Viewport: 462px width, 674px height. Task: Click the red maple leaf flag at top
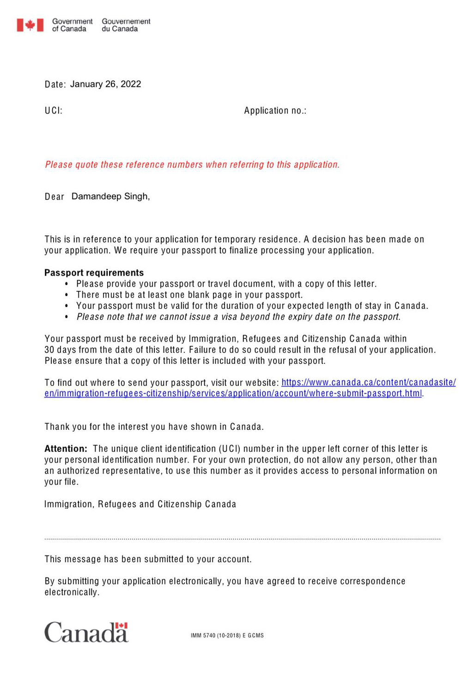(30, 25)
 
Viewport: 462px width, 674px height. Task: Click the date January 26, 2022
(105, 84)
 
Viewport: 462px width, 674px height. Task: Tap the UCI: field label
(54, 111)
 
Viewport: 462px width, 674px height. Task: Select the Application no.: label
(275, 111)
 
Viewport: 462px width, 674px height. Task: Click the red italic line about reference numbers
(192, 165)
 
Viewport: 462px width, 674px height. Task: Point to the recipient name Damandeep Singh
(110, 197)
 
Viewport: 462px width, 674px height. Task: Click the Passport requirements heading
(94, 273)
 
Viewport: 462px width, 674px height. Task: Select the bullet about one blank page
(189, 295)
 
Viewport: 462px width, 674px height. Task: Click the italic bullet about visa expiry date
(238, 317)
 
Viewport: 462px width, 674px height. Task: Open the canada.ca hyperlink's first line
(368, 383)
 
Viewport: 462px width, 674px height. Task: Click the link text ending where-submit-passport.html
(233, 394)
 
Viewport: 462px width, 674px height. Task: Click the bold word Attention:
(66, 449)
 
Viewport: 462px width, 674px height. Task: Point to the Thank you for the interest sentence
(154, 427)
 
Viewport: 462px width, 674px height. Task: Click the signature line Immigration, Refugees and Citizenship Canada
(140, 505)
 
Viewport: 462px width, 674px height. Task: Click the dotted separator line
(242, 539)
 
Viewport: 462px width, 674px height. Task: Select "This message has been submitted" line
(148, 560)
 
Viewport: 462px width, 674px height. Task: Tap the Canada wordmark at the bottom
(86, 633)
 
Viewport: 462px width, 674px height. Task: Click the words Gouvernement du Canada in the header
(126, 25)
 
